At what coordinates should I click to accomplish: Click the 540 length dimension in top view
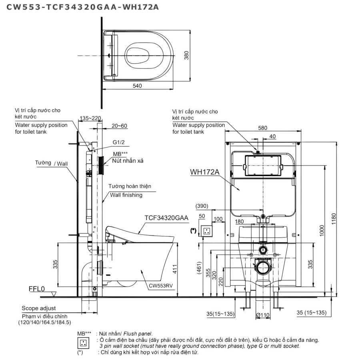point(138,85)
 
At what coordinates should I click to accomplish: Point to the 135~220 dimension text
point(90,118)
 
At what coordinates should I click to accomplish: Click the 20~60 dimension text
point(119,126)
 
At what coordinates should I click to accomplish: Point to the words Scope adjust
point(39,308)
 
